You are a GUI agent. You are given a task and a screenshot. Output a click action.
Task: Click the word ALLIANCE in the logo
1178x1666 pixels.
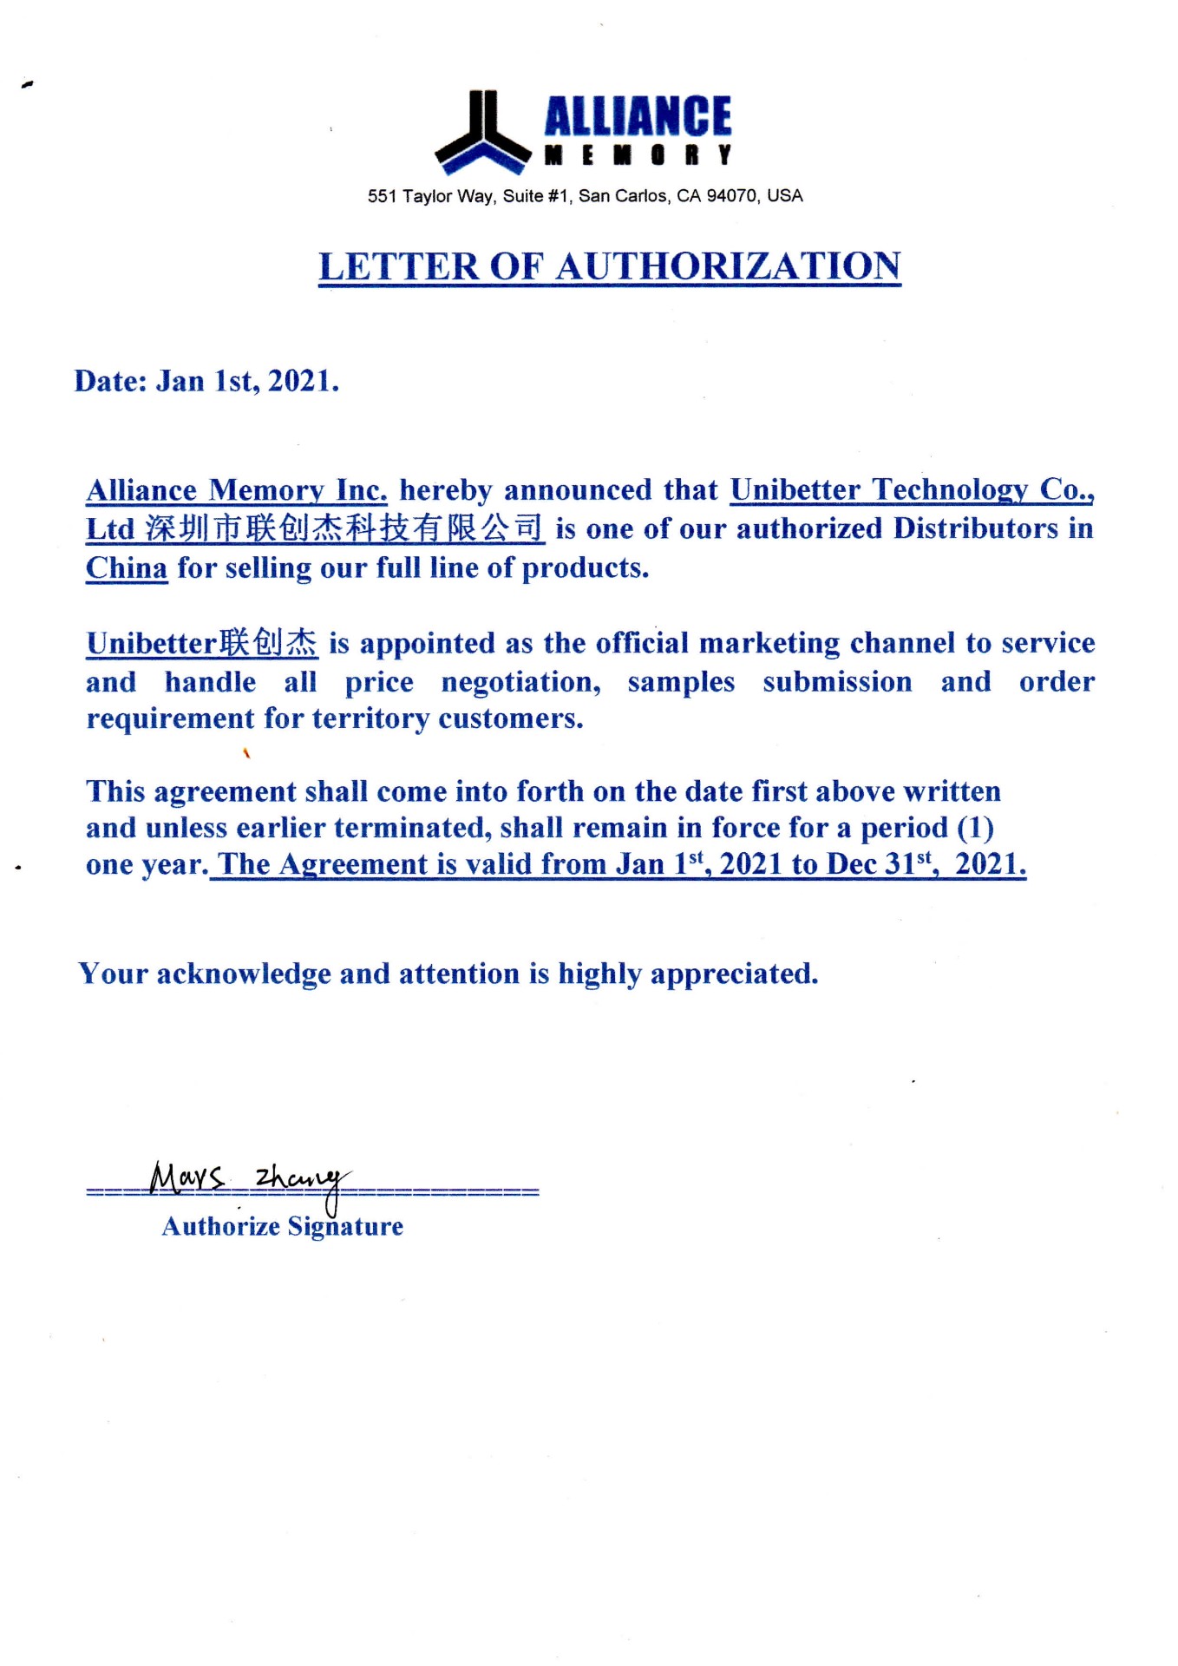638,117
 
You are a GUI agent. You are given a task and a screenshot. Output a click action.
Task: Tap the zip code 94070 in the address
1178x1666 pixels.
731,196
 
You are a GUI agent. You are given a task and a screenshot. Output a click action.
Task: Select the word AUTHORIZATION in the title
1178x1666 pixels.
728,267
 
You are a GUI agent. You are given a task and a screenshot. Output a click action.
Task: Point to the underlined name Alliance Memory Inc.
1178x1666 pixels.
236,491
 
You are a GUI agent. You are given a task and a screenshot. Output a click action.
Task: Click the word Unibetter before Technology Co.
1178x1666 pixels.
795,491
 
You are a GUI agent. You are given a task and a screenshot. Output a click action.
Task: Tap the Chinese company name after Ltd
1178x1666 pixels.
344,528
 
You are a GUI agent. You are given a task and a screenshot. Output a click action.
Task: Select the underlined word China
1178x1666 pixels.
127,568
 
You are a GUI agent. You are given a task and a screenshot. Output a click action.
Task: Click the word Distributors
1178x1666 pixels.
976,528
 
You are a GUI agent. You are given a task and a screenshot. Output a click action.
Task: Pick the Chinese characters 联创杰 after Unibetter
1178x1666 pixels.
268,643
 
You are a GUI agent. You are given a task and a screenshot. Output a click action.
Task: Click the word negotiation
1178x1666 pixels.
520,682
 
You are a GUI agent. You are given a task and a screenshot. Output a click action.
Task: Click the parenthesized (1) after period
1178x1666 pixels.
975,828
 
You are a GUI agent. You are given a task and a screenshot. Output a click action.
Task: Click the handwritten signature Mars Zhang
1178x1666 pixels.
248,1181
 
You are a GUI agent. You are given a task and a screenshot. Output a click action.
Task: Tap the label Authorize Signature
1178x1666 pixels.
283,1227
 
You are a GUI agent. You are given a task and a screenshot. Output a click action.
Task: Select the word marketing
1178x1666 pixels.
769,644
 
